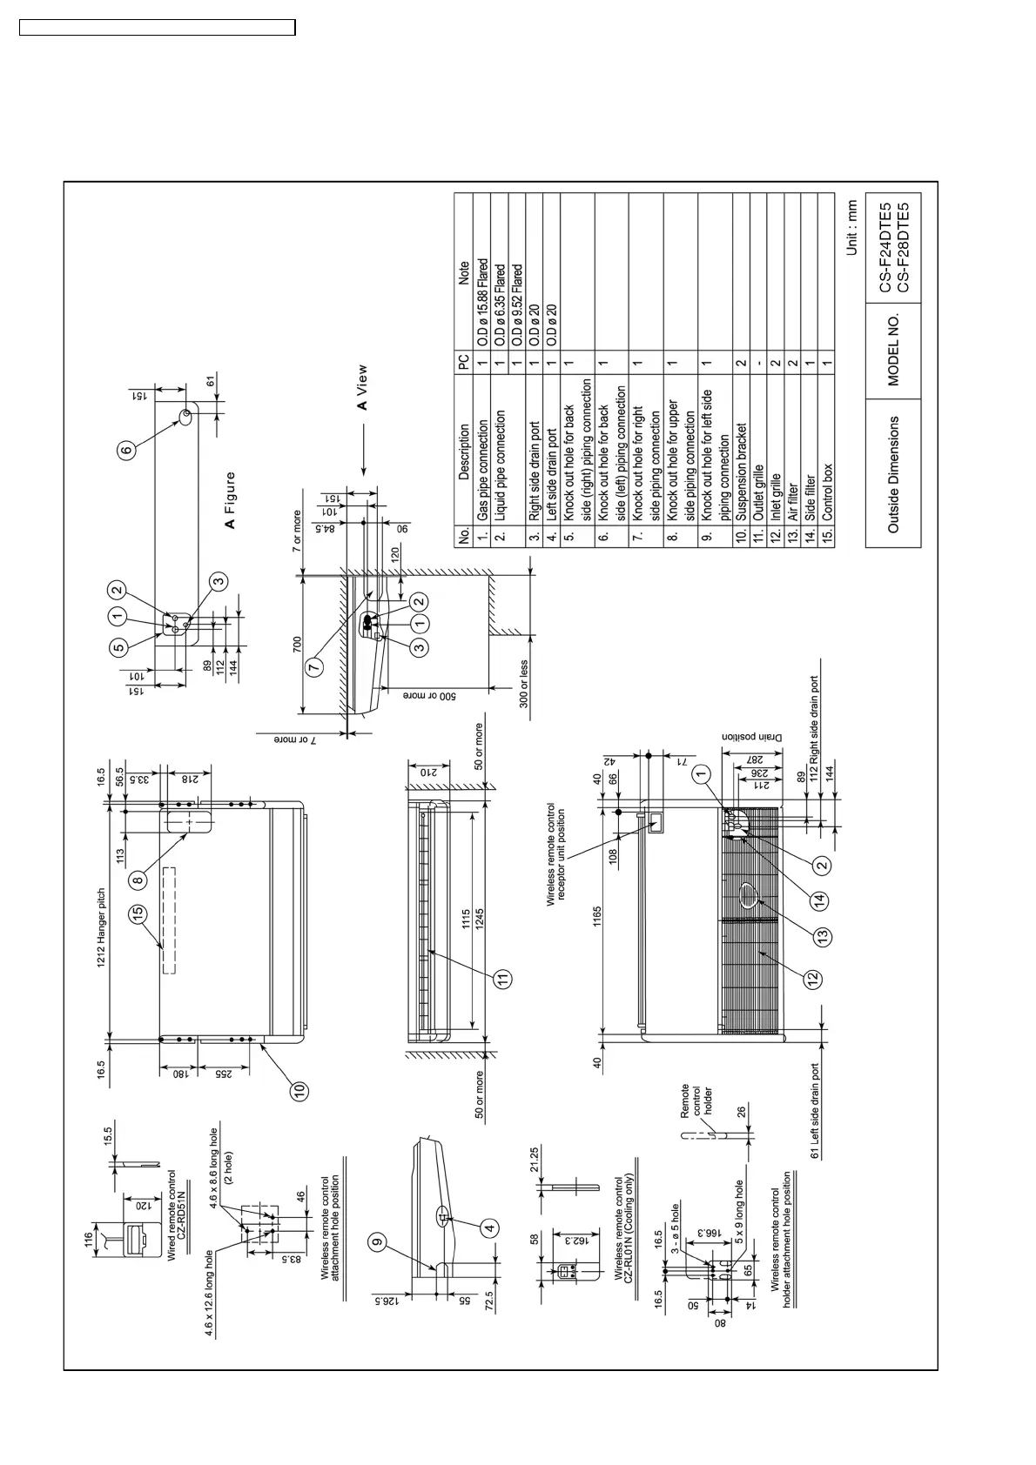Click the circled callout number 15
(x=139, y=913)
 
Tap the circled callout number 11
(x=502, y=979)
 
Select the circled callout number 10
(x=299, y=1091)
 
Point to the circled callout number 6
(x=127, y=450)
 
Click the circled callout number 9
(x=377, y=1243)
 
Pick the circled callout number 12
(x=812, y=979)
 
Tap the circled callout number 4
(x=491, y=1228)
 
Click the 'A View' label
(x=362, y=388)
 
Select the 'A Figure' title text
(x=230, y=500)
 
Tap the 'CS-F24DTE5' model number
(x=885, y=247)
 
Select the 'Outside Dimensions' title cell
(x=893, y=474)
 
